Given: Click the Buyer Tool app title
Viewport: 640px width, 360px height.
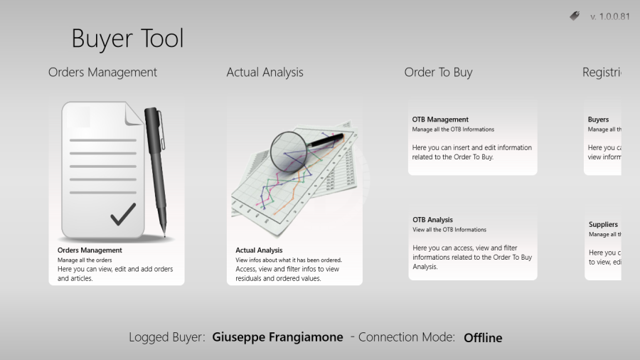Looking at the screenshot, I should (x=127, y=38).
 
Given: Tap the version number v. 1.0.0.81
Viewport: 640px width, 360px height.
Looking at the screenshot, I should (x=609, y=17).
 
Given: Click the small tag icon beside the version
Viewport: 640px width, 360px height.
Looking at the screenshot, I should (x=575, y=16).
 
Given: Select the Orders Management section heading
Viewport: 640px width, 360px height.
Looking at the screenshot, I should (x=102, y=73).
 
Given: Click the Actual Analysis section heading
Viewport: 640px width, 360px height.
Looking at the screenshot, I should (x=265, y=73).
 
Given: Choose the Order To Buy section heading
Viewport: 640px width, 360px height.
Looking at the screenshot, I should (x=438, y=73).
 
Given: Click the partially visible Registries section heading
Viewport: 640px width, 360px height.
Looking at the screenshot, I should (x=602, y=73).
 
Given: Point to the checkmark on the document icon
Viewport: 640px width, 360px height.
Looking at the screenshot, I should (x=123, y=213).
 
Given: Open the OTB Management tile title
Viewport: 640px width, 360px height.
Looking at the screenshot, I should (x=440, y=120).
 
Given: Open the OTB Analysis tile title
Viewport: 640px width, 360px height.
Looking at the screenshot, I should (x=432, y=220).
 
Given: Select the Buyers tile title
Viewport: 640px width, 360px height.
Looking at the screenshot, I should (x=598, y=120).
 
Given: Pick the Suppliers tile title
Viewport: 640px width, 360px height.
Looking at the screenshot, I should (x=603, y=224).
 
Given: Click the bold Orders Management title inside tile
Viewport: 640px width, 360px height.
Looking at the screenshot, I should (x=90, y=250).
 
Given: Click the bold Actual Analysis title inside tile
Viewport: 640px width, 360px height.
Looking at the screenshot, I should (x=259, y=250).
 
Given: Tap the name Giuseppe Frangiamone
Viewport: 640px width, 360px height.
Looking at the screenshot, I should (x=277, y=337).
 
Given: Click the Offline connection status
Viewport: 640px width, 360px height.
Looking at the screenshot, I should (x=483, y=338).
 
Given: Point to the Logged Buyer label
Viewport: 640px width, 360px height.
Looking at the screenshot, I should (x=167, y=337).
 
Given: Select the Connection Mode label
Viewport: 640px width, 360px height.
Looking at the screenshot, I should (x=406, y=337).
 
